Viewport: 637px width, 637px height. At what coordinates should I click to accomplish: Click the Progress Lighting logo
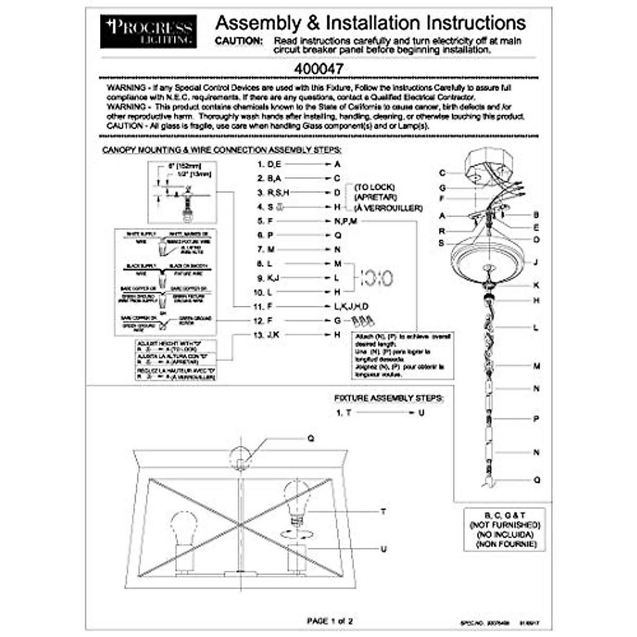pos(148,31)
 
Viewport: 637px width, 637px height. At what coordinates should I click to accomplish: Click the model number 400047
pos(318,69)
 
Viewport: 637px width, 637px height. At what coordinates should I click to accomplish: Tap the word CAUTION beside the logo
pos(238,41)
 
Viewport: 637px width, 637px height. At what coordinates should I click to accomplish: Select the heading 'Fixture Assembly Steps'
pos(388,398)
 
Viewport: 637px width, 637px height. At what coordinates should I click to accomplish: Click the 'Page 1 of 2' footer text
pos(330,621)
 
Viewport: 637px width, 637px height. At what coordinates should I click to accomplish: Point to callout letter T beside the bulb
pos(383,512)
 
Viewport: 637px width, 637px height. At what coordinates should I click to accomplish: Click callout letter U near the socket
pos(383,549)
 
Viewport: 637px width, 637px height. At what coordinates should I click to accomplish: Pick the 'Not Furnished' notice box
pos(504,530)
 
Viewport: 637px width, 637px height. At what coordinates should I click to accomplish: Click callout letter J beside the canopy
pos(536,262)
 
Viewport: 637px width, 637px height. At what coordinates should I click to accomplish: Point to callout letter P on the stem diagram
pos(536,419)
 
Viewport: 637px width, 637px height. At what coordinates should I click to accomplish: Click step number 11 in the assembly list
pos(259,306)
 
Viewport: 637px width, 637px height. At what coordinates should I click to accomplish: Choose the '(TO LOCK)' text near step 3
pos(375,187)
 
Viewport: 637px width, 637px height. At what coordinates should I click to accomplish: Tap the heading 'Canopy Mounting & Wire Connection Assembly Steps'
pos(222,150)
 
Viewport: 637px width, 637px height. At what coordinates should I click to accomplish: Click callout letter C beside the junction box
pos(442,173)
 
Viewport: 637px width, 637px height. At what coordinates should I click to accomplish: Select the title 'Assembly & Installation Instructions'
pos(371,23)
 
